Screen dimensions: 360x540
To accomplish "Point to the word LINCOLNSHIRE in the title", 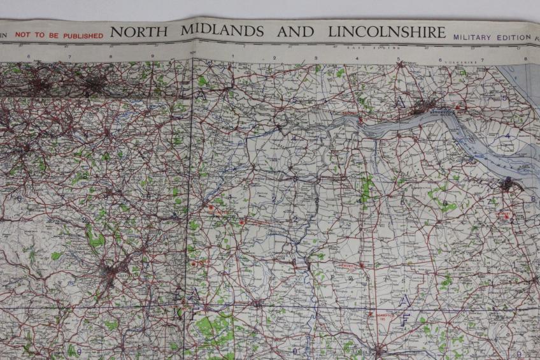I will pyautogui.click(x=387, y=32).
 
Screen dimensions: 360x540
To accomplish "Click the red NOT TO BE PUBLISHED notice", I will pyautogui.click(x=59, y=36).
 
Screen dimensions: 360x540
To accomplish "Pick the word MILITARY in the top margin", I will pyautogui.click(x=472, y=37).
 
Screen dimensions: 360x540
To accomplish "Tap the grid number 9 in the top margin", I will pyautogui.click(x=152, y=57).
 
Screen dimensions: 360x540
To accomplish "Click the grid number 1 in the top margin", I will pyautogui.click(x=232, y=57).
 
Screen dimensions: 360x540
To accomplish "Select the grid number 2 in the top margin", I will pyautogui.click(x=274, y=58).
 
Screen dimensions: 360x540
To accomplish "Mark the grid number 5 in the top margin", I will pyautogui.click(x=399, y=60).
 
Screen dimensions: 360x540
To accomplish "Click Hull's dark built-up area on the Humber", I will pyautogui.click(x=425, y=107).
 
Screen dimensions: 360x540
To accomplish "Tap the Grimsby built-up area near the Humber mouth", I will pyautogui.click(x=509, y=185).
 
